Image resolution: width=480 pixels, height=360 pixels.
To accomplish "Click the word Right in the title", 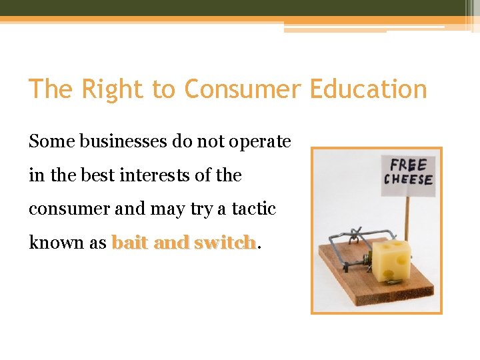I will click(107, 89).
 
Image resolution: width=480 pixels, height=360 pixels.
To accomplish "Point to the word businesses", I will click(117, 141).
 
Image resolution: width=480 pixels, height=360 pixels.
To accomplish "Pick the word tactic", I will click(254, 209).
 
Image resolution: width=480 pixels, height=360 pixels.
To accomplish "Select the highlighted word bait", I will click(130, 242).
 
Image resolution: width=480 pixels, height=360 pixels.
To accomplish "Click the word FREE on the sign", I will click(408, 165).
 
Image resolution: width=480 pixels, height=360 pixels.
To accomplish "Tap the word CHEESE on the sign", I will click(408, 180).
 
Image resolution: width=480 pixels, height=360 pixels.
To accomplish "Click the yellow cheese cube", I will click(393, 261).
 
